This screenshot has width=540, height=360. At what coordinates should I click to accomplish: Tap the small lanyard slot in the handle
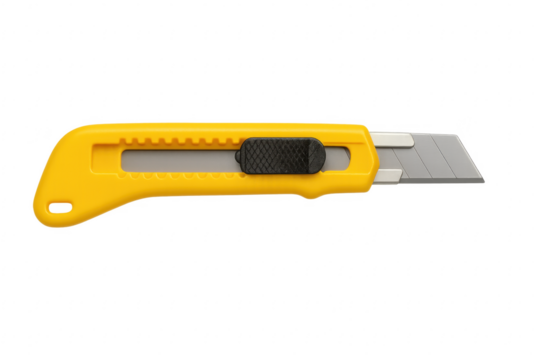[62, 206]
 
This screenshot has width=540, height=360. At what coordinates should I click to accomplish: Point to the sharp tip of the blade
[486, 183]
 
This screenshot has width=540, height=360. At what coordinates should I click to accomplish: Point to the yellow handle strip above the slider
[280, 128]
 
